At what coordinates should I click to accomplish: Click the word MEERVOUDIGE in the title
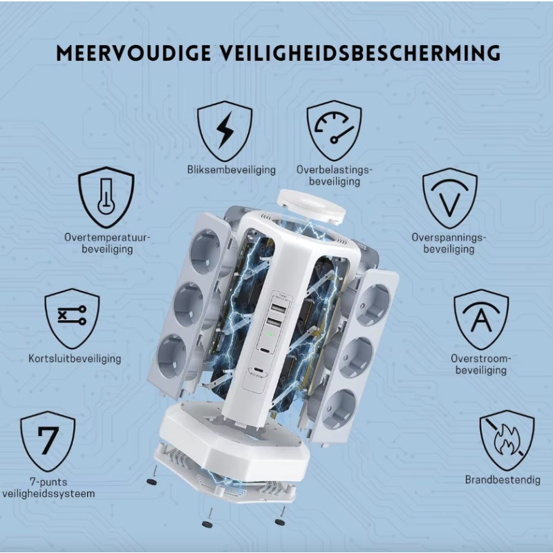(133, 53)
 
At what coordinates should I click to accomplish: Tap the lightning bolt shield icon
(225, 131)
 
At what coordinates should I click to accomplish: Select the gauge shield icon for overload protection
(334, 131)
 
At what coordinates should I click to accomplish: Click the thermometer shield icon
(106, 197)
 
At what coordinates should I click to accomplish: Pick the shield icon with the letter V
(450, 198)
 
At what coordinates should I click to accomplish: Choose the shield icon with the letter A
(481, 319)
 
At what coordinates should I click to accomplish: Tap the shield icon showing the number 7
(48, 441)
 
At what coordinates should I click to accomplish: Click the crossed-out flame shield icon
(507, 440)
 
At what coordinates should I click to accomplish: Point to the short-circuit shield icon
(72, 319)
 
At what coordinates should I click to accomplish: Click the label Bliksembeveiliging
(232, 170)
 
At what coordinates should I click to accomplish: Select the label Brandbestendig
(503, 480)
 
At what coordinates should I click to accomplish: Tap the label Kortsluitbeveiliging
(75, 359)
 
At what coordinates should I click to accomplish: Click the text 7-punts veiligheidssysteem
(48, 487)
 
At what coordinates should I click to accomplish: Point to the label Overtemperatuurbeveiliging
(107, 243)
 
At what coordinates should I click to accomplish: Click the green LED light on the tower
(270, 333)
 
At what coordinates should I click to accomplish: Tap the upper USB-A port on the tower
(279, 308)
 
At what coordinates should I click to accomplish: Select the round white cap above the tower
(311, 205)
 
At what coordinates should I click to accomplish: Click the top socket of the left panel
(205, 251)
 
